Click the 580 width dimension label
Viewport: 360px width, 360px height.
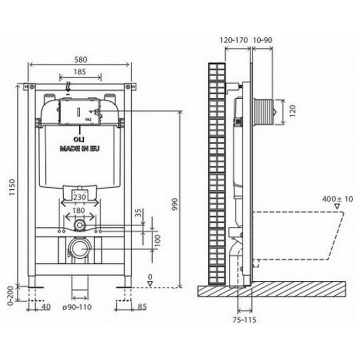click(81, 60)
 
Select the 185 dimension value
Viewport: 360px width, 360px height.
click(79, 72)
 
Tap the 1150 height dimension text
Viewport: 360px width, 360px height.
click(11, 187)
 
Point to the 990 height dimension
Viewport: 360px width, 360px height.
click(175, 205)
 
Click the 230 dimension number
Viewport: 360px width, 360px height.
click(79, 197)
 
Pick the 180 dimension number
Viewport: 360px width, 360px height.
click(79, 210)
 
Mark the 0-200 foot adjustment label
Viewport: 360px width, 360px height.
click(11, 296)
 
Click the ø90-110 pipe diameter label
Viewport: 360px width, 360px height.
click(77, 307)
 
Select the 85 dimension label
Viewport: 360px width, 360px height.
click(142, 307)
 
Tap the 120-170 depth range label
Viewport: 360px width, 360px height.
click(234, 40)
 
